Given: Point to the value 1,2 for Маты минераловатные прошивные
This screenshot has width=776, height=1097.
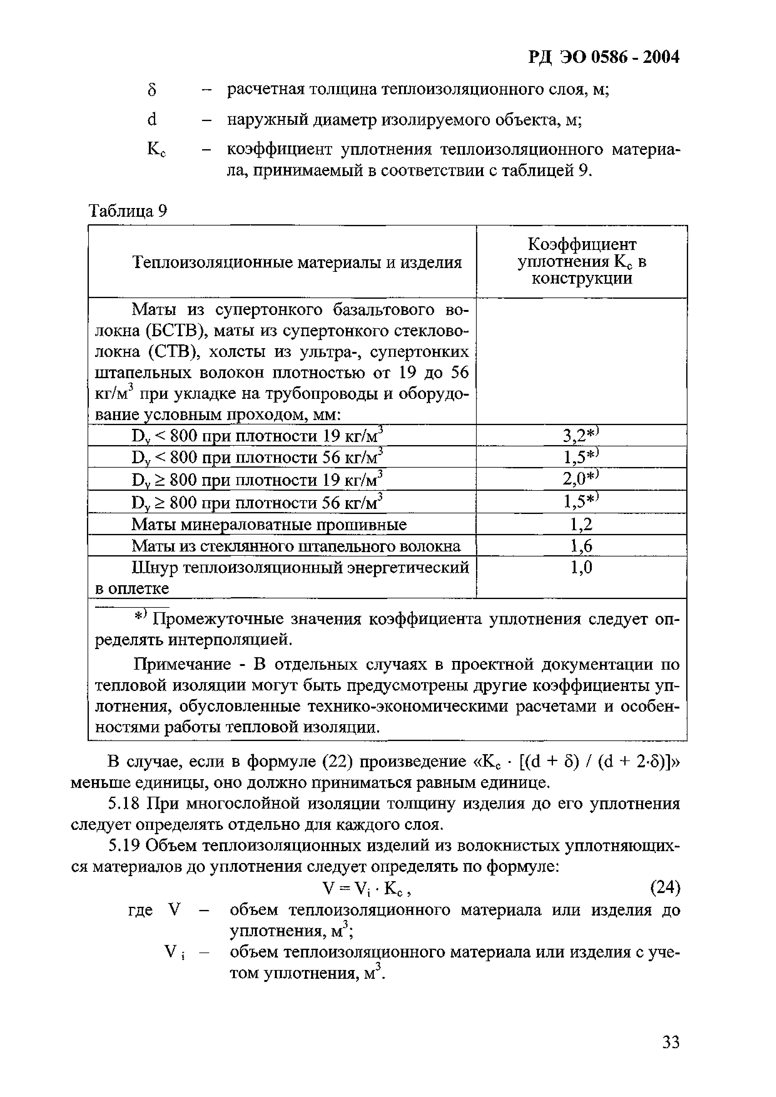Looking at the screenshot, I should (x=581, y=525).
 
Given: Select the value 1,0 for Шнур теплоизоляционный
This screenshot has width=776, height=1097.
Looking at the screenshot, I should (x=581, y=568).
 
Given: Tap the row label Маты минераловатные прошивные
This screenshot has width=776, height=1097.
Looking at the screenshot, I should (x=269, y=525).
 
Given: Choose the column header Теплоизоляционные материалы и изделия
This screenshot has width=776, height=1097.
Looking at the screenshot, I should (x=297, y=262).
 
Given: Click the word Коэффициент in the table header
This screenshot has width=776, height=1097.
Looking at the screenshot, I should (x=581, y=245).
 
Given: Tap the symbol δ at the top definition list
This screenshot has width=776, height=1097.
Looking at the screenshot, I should (x=152, y=90).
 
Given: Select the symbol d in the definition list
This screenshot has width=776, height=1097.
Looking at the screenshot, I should (x=152, y=120).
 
